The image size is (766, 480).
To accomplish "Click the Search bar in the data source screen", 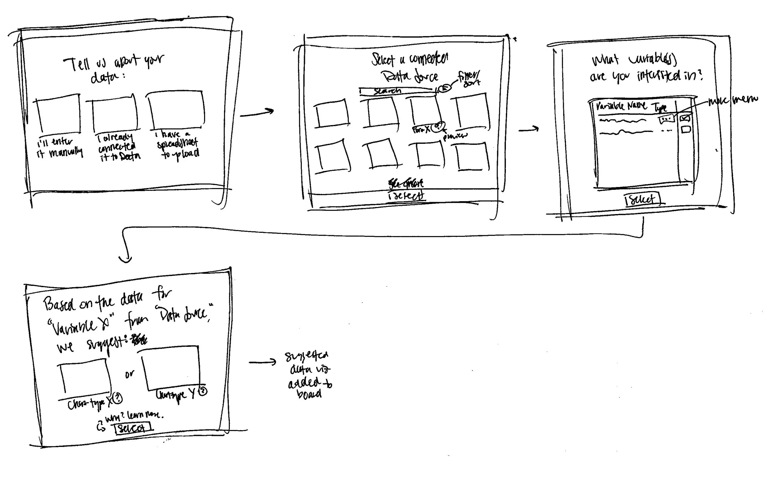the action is (396, 91).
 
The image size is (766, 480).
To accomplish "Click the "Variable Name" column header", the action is (621, 106).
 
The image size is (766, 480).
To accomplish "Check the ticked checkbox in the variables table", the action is (685, 118).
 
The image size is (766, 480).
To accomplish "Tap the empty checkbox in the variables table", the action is (685, 129).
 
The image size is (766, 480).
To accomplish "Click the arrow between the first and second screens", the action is (257, 113).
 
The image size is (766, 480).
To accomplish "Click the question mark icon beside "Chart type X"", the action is (118, 398).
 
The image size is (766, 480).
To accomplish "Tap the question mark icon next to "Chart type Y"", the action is (203, 390).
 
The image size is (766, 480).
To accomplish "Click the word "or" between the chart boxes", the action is (129, 374).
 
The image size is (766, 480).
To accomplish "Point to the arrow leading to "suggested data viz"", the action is (263, 362).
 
